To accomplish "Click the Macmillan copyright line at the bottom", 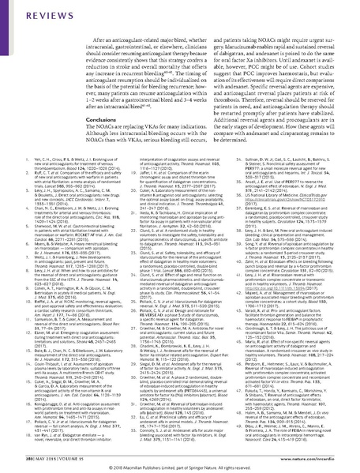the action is coord(179,467).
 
